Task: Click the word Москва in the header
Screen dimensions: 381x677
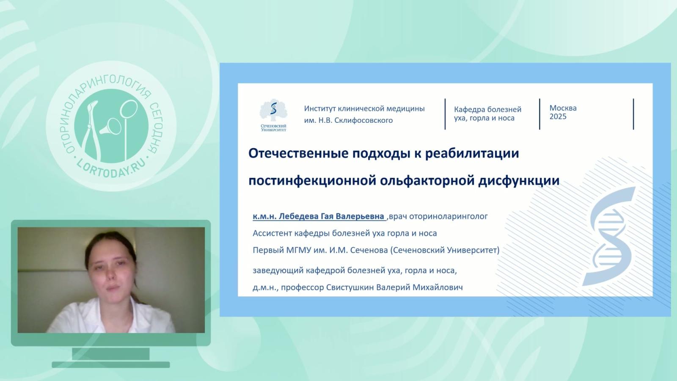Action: [x=563, y=108]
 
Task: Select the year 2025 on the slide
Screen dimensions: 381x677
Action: [x=558, y=117]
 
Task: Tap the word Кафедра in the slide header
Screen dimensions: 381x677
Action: [x=468, y=109]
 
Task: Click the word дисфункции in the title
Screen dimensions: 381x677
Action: [x=518, y=181]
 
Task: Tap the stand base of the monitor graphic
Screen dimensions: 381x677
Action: [x=111, y=364]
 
